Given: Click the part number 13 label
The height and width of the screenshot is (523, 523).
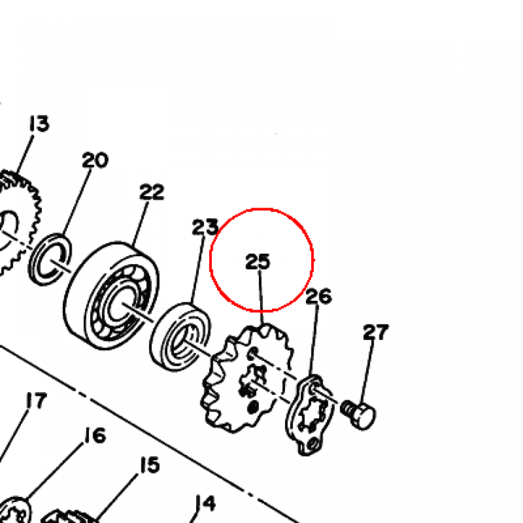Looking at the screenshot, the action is (39, 124).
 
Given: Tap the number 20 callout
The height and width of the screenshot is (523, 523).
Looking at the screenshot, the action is (95, 160).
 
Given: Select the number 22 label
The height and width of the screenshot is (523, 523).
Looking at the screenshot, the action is (152, 192).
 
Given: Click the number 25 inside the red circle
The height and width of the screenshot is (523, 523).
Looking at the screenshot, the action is (257, 261).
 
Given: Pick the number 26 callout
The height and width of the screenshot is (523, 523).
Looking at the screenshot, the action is (319, 296).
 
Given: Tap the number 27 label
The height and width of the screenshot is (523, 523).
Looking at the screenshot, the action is (376, 332).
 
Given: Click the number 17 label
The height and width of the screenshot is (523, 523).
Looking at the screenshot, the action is (37, 400).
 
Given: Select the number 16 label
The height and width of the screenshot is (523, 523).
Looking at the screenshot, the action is (95, 435).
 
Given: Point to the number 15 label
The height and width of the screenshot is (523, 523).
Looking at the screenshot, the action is (150, 465).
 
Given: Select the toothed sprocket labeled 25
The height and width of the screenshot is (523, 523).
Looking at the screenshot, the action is (247, 378).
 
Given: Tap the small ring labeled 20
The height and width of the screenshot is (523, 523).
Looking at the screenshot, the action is (50, 259).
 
